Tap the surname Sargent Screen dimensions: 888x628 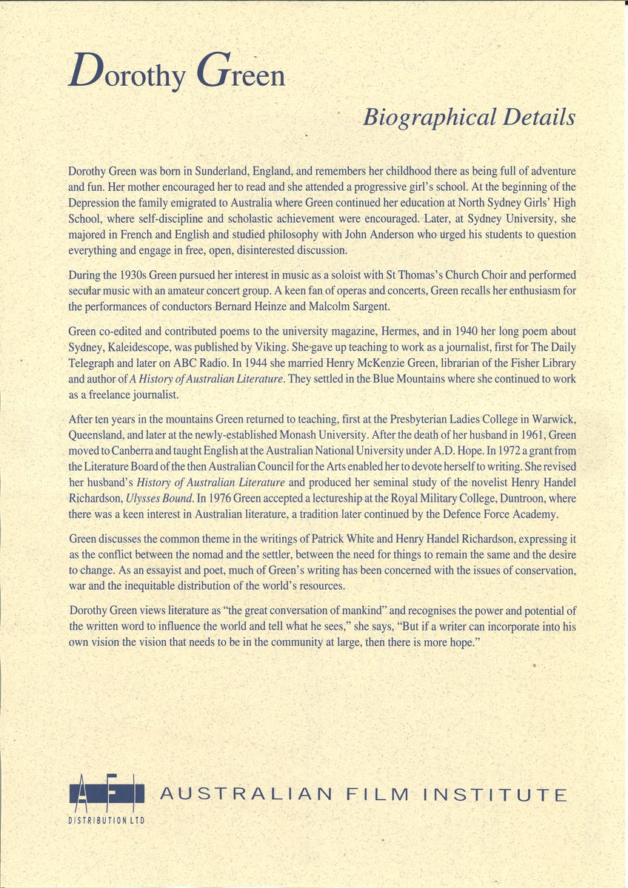click(460, 306)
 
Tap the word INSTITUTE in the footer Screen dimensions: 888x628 click(493, 795)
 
